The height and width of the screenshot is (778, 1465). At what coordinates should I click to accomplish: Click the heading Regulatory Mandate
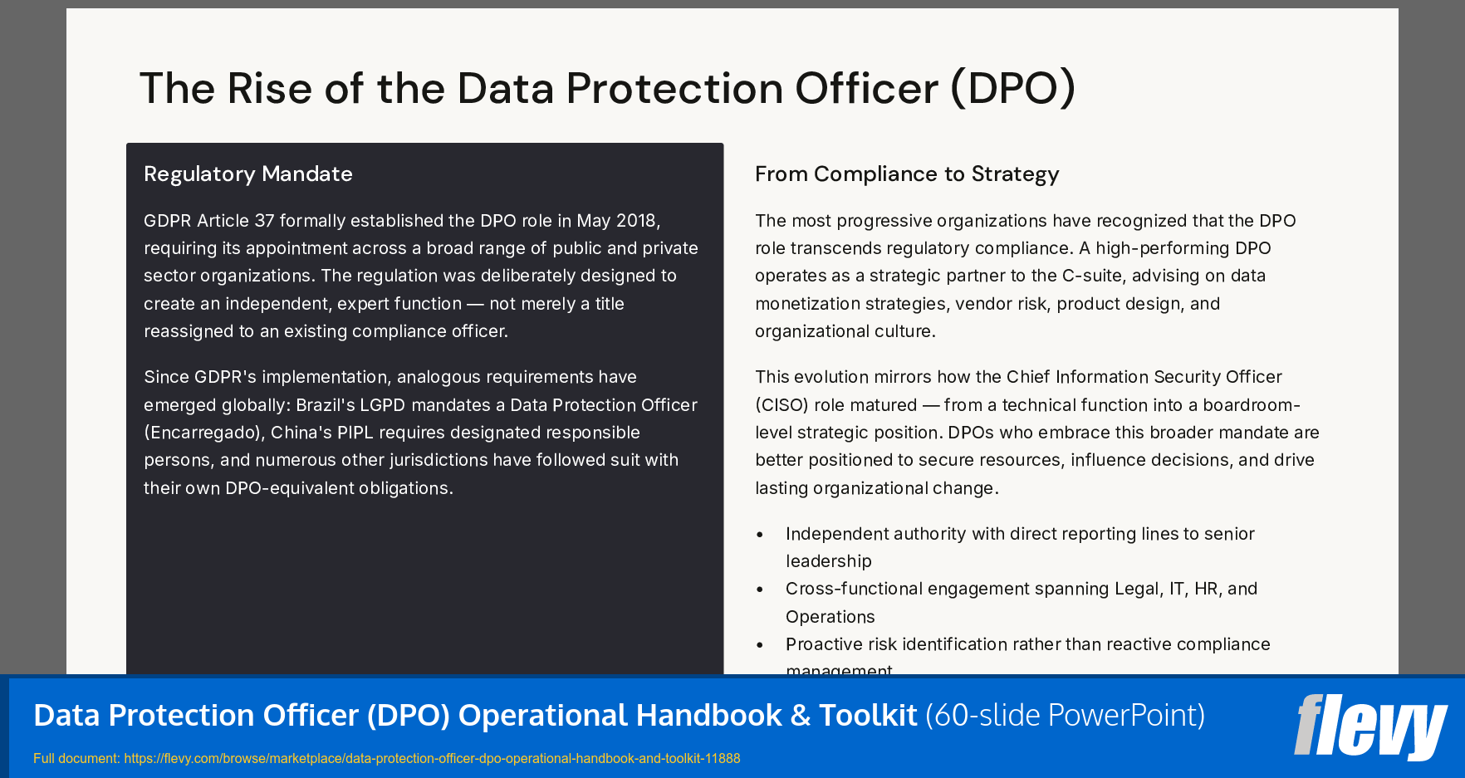[247, 174]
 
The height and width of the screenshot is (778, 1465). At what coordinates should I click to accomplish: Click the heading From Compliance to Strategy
[906, 174]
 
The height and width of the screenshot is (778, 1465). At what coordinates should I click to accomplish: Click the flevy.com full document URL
[431, 758]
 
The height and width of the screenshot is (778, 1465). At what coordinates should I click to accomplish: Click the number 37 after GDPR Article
[263, 221]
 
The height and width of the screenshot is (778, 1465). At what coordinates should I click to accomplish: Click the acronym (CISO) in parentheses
[781, 405]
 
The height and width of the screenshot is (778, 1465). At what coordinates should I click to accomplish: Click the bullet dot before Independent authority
[760, 535]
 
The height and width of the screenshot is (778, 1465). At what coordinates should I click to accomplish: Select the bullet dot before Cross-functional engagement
[760, 590]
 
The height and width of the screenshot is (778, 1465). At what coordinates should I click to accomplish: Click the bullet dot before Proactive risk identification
[760, 645]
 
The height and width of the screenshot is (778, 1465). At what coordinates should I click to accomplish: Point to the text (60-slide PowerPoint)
[1065, 715]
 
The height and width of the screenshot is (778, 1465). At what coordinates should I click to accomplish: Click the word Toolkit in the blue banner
[867, 715]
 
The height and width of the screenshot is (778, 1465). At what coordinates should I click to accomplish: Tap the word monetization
[809, 304]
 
